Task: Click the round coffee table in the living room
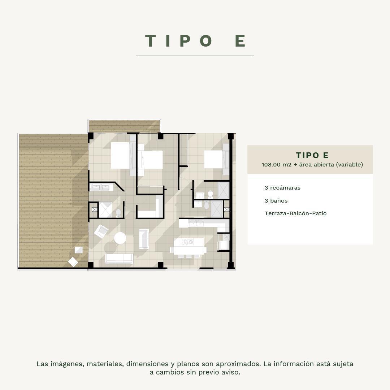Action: (120, 238)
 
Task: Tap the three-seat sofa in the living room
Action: (119, 259)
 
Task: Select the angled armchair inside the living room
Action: (101, 231)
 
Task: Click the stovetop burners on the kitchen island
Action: (187, 242)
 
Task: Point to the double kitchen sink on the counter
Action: (196, 223)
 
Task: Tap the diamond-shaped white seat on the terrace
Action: (73, 262)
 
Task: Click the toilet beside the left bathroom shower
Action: (118, 213)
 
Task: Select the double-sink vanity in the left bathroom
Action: (101, 187)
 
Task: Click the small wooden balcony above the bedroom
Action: (124, 126)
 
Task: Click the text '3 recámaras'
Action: (282, 188)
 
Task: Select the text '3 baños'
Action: (276, 201)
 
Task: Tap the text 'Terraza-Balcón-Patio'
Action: (295, 213)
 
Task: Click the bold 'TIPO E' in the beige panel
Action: (312, 155)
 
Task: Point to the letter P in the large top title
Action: (185, 41)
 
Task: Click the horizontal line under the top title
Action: (195, 56)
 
